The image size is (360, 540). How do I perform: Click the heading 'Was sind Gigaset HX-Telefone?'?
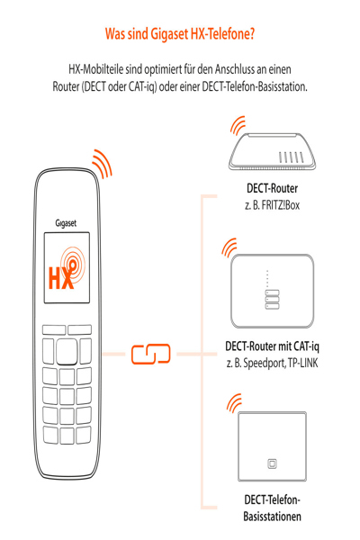(180, 34)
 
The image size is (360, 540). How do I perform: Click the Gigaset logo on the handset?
(66, 223)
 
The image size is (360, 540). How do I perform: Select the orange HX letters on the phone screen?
(61, 278)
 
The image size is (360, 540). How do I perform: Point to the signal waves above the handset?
(103, 164)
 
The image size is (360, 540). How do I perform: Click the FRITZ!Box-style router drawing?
(272, 151)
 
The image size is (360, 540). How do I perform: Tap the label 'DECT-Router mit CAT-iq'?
(272, 346)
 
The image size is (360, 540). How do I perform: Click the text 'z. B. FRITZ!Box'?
(272, 205)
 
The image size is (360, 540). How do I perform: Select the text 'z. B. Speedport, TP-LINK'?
(272, 363)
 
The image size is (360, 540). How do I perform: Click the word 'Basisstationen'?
(272, 517)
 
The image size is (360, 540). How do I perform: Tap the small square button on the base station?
(272, 463)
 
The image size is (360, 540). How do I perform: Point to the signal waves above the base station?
(235, 403)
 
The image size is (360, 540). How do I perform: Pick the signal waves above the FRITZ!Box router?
(238, 126)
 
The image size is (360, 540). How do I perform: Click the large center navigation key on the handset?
(67, 351)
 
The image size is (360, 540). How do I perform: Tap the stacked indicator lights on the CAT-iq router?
(272, 300)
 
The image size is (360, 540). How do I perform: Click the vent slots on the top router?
(292, 157)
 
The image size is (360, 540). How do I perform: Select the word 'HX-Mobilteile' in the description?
(96, 69)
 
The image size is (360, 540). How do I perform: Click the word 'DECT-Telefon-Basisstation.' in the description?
(255, 86)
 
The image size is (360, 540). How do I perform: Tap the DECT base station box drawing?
(272, 446)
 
